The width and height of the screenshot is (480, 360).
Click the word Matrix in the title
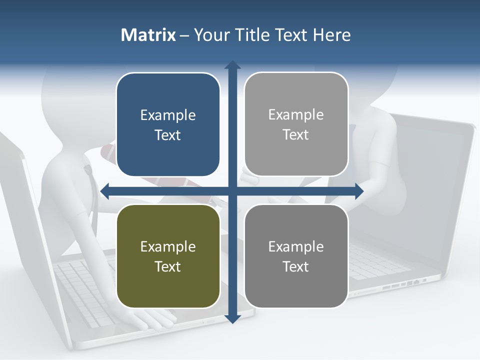(148, 35)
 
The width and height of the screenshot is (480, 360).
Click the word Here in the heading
(332, 35)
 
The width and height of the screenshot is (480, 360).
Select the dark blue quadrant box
(168, 124)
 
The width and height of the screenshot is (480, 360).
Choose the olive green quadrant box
(168, 256)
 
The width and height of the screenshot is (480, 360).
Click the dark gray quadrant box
(296, 256)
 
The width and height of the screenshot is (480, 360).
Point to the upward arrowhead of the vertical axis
(232, 65)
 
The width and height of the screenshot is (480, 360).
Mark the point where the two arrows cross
(232, 190)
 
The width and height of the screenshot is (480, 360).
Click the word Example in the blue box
(168, 115)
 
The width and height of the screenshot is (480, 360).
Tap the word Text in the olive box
(168, 266)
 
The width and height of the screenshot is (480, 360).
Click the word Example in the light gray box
(296, 114)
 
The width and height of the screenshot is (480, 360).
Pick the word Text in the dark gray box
(296, 266)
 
